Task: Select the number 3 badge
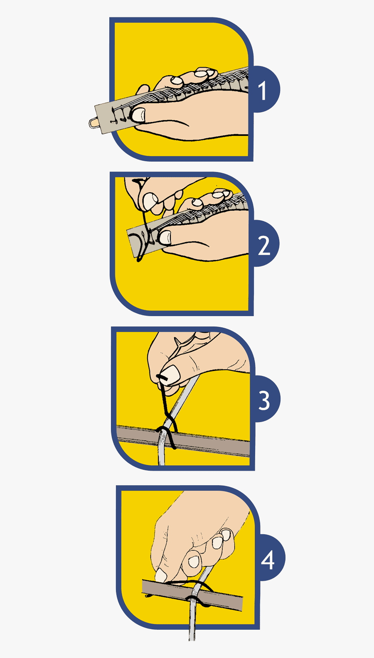[264, 400]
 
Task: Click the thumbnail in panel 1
[139, 115]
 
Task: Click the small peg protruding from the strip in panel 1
[93, 123]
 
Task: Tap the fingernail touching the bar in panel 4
[160, 575]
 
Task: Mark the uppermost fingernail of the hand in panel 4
[226, 535]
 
